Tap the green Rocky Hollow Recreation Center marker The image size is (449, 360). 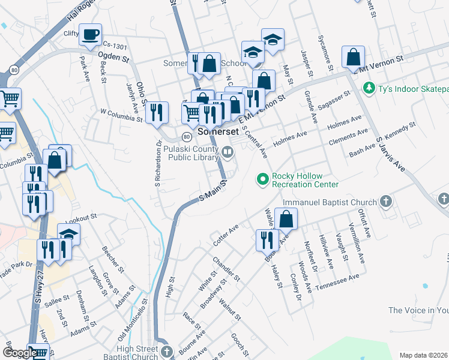coord(262,179)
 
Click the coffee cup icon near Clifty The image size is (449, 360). coord(90,35)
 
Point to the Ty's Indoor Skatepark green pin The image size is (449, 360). coord(369,89)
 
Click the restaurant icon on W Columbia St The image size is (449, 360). coord(157,112)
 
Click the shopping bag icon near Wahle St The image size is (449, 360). coord(286,219)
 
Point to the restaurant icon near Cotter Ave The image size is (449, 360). coord(267,240)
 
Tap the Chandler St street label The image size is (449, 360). coord(226,269)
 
